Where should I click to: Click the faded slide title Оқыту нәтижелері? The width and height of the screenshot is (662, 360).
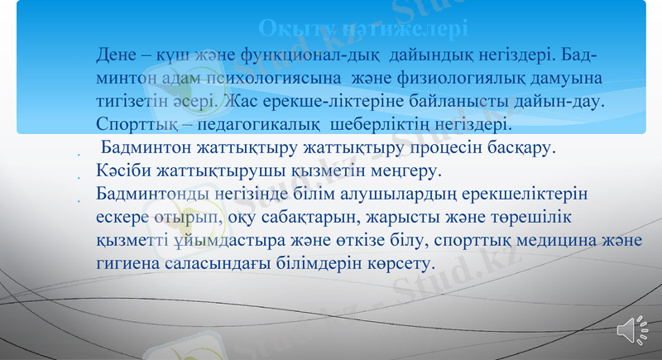363,28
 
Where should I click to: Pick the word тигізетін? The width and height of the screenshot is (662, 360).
132,102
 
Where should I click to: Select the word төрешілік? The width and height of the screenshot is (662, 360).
532,218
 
